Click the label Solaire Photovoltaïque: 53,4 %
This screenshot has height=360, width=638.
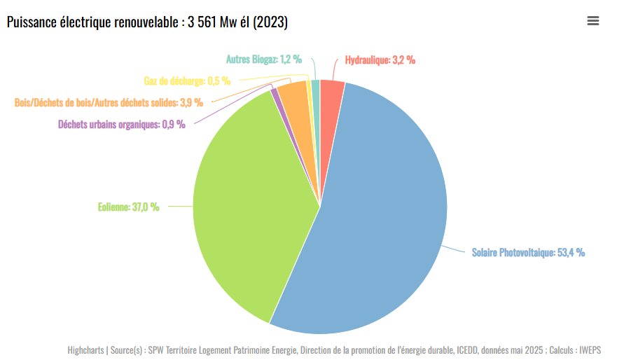pos(528,252)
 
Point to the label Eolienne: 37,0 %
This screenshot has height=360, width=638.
pos(128,207)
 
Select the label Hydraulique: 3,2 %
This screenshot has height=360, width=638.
pos(380,60)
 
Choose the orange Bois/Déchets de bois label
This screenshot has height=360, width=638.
pos(109,102)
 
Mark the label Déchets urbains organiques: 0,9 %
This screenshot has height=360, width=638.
pos(122,125)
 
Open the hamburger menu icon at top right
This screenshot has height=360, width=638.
pos(593,21)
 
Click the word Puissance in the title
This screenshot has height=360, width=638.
pos(29,22)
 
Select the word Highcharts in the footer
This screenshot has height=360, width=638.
pos(86,349)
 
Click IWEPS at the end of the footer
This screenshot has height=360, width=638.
pos(590,349)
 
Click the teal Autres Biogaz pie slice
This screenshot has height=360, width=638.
pos(316,88)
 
